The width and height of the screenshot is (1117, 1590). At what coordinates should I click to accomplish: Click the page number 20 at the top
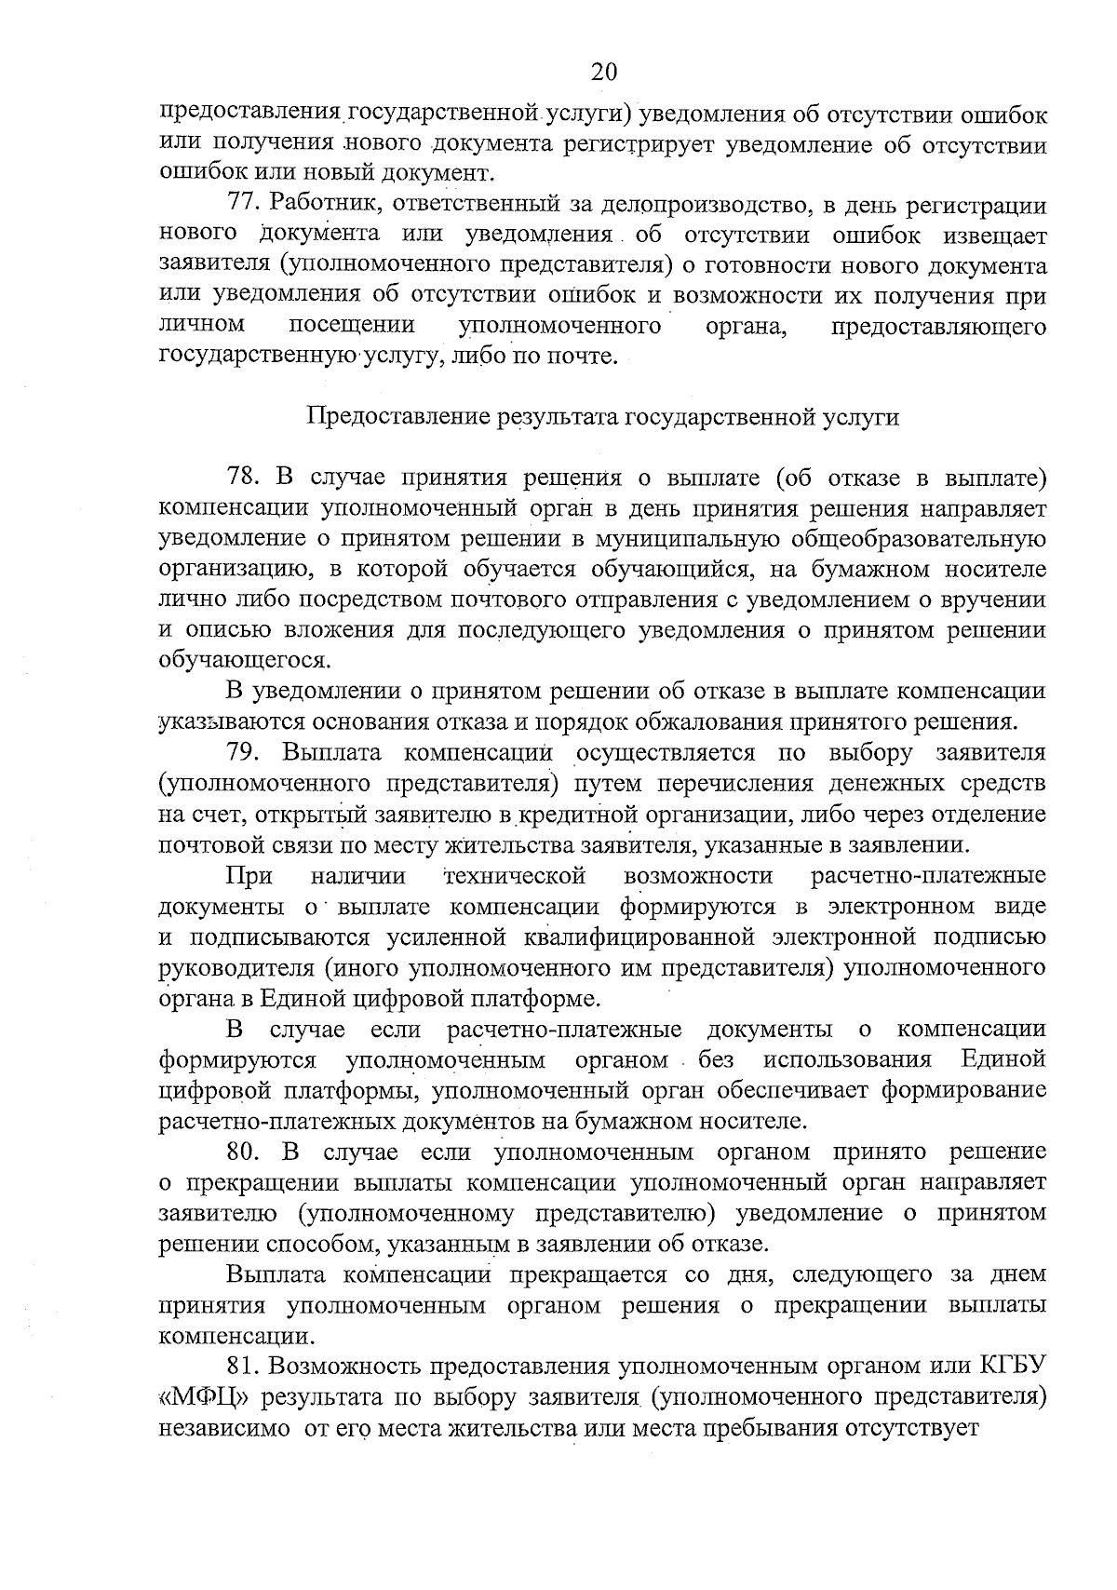[603, 73]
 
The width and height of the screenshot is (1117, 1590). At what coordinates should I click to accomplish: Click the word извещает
[983, 236]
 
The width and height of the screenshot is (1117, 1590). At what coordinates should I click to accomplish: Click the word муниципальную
[688, 539]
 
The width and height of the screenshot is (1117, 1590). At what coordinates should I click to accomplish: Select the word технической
[515, 875]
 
